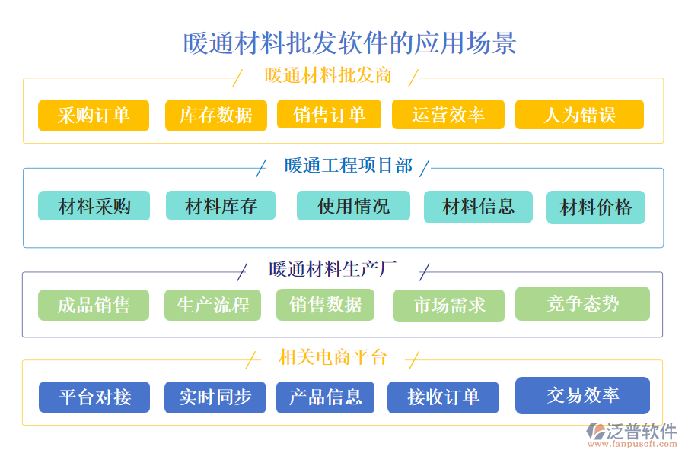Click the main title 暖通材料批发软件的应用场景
click(x=349, y=43)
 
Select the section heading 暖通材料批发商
click(x=328, y=76)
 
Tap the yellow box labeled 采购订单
click(x=94, y=116)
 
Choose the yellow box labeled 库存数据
click(x=216, y=116)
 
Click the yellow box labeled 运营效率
click(x=448, y=115)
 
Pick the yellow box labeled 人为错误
click(x=579, y=115)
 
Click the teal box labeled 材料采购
click(x=94, y=206)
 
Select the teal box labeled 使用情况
click(x=353, y=206)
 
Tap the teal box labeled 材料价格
click(x=596, y=207)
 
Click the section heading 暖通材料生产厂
click(x=333, y=269)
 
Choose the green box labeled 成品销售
click(x=94, y=306)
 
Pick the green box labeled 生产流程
click(x=212, y=306)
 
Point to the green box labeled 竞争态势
click(x=582, y=304)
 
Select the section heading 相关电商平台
click(x=333, y=356)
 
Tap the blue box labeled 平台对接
click(x=94, y=397)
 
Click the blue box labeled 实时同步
click(x=215, y=397)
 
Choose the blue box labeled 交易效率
click(x=582, y=395)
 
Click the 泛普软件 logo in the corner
click(x=632, y=434)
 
